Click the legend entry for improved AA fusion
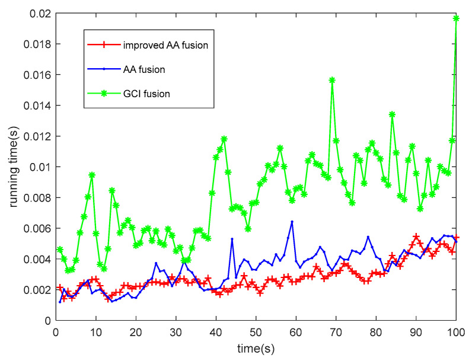165,44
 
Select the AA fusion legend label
144,69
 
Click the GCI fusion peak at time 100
456,18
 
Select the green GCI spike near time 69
332,80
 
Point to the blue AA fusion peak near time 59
292,222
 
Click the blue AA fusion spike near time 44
232,239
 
